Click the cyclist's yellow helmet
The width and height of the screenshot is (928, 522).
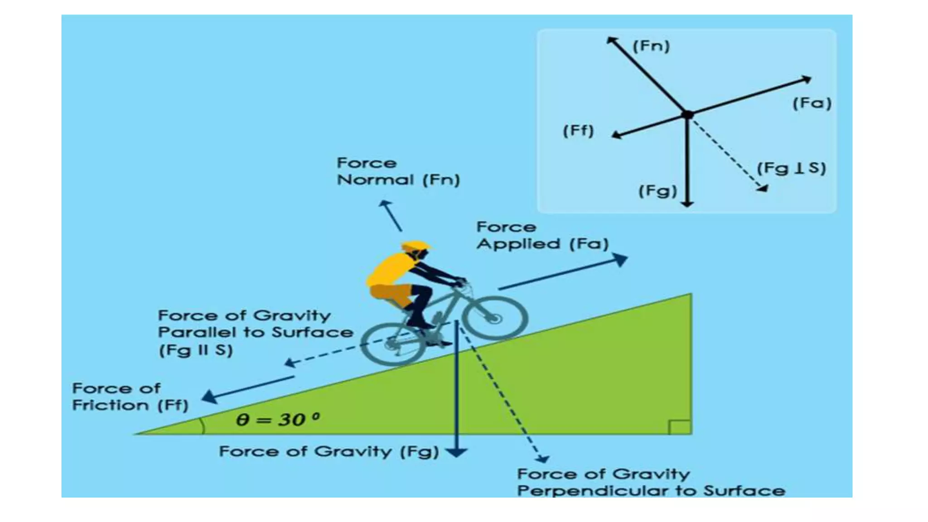click(415, 246)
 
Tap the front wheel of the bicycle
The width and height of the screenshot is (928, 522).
click(495, 318)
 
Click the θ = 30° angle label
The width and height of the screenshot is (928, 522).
click(278, 419)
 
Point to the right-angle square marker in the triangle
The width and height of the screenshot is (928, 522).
click(680, 427)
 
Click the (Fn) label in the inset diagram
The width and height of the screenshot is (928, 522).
click(651, 46)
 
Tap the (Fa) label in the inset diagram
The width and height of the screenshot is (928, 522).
click(812, 103)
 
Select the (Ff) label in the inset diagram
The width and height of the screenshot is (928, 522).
click(578, 131)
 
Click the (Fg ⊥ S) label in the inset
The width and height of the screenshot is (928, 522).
click(792, 168)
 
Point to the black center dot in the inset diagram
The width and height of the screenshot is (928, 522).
click(688, 115)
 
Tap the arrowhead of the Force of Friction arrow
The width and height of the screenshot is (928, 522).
click(209, 397)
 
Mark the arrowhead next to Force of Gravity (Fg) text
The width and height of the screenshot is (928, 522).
click(456, 452)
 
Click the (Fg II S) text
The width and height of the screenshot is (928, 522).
click(196, 350)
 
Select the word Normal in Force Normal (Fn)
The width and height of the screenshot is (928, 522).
click(376, 180)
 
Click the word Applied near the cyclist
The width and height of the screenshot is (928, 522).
click(518, 244)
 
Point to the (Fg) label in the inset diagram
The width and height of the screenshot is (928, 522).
click(657, 191)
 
